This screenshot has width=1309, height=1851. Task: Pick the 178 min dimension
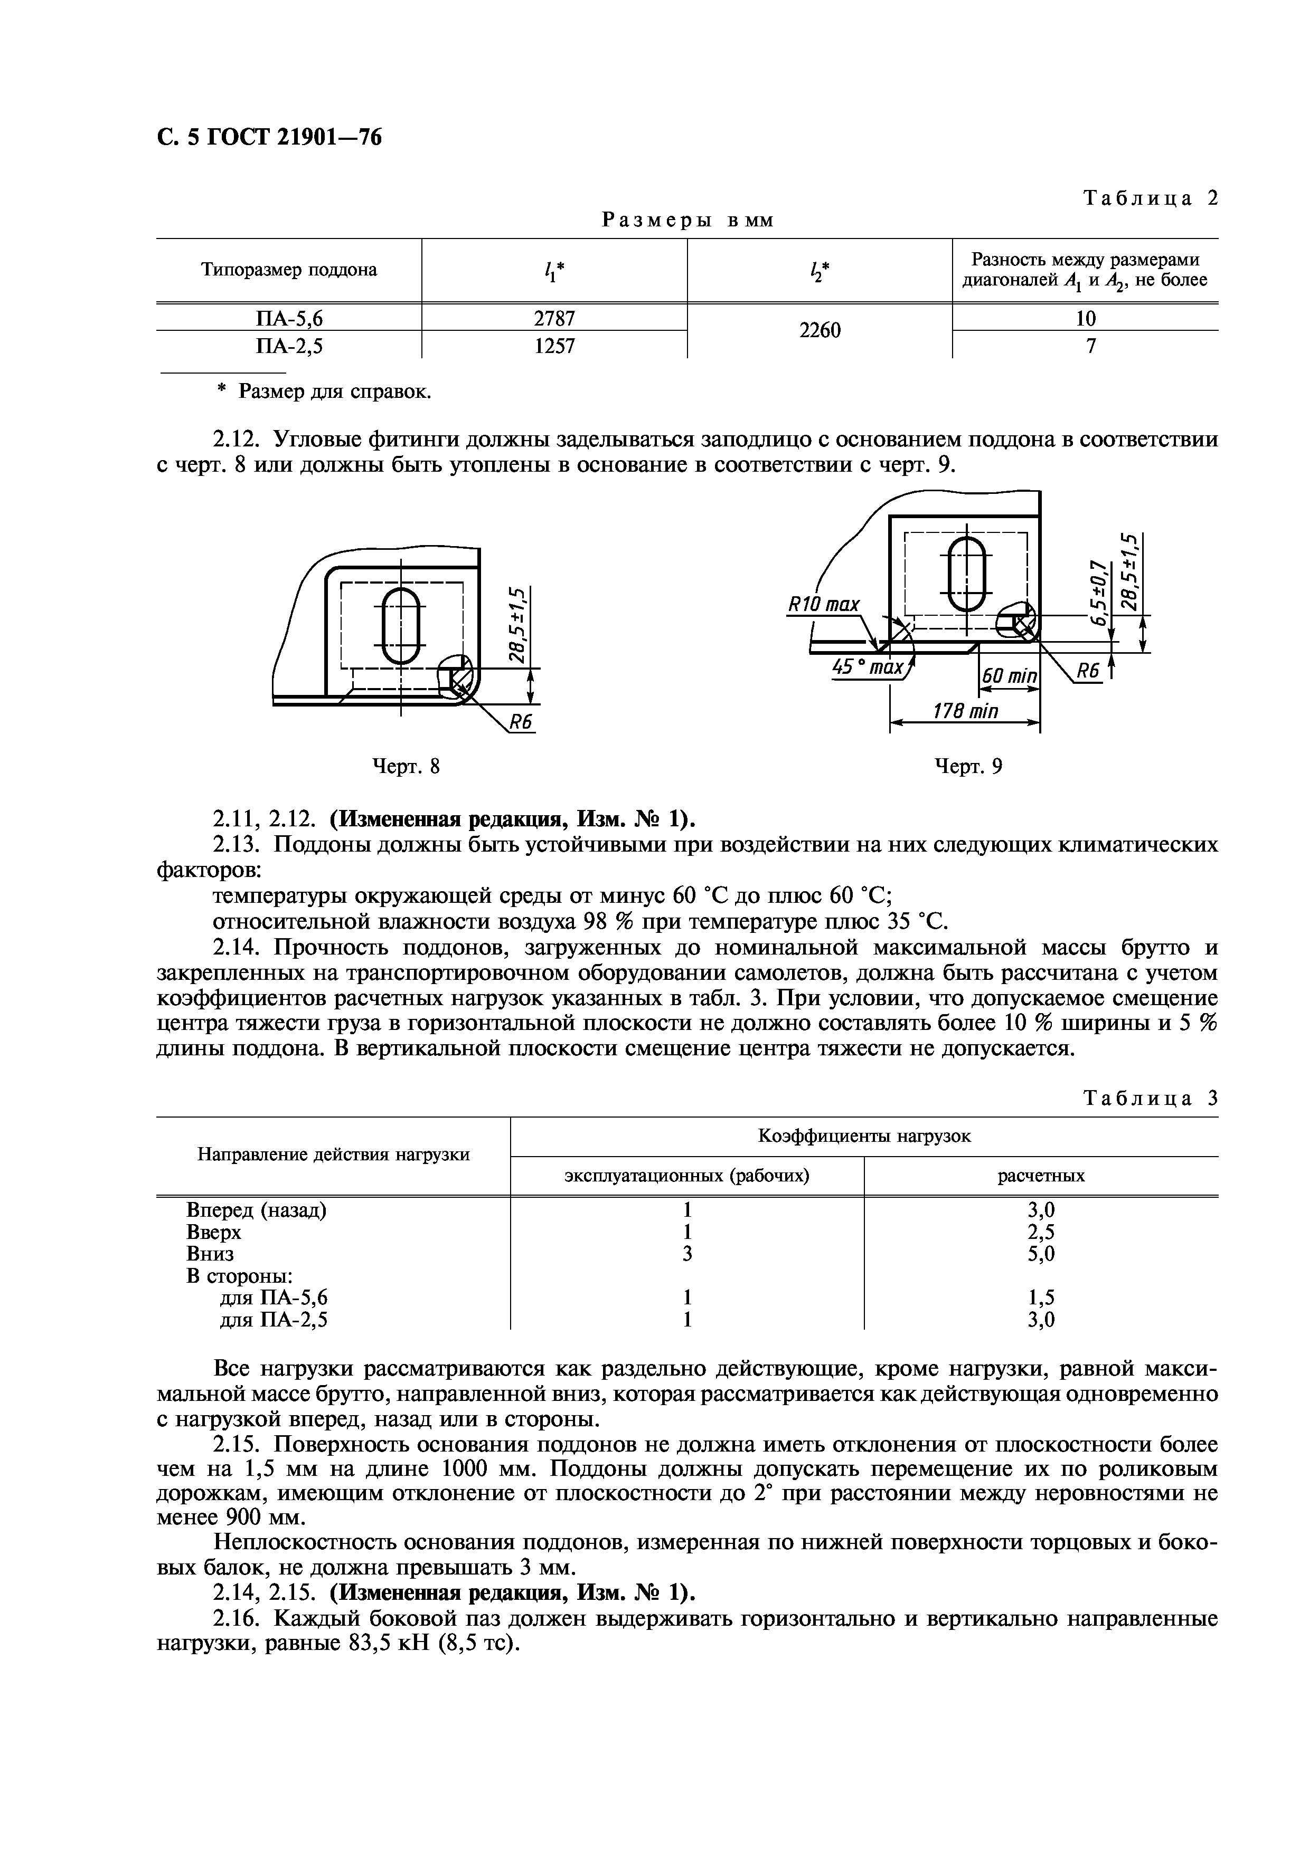(x=965, y=711)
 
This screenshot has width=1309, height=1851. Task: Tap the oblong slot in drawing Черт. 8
(x=401, y=626)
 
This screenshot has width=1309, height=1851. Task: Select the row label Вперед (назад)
(x=256, y=1210)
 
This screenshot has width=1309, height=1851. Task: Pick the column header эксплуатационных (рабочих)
(x=686, y=1176)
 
